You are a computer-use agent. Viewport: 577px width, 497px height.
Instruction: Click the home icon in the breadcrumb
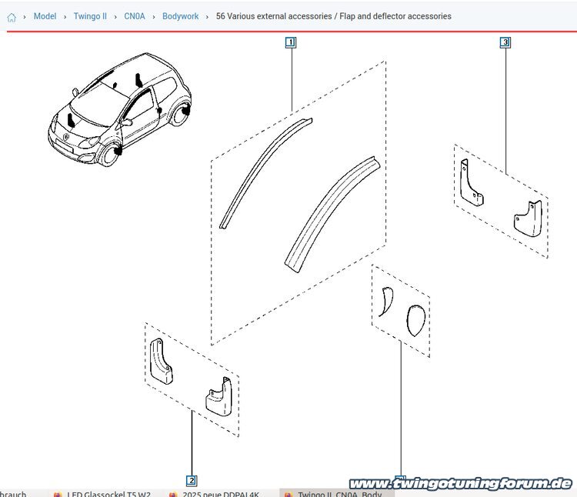click(12, 17)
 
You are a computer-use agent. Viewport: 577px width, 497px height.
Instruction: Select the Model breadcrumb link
click(45, 16)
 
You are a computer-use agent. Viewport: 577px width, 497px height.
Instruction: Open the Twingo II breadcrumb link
click(90, 16)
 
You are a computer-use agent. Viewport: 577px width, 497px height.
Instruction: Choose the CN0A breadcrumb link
click(135, 16)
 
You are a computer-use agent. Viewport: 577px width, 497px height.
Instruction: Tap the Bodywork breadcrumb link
click(180, 16)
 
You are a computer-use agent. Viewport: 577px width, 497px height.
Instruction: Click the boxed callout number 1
click(290, 42)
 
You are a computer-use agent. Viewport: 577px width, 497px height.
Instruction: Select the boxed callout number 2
click(192, 481)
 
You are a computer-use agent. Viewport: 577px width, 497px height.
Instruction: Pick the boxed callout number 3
click(505, 42)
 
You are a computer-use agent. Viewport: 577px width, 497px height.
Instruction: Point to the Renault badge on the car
click(66, 138)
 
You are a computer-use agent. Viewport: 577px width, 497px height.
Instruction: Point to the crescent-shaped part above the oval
click(386, 301)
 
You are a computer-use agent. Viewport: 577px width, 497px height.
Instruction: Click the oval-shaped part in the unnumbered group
click(415, 321)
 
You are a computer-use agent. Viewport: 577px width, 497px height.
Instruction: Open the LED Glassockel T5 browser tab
click(108, 493)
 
